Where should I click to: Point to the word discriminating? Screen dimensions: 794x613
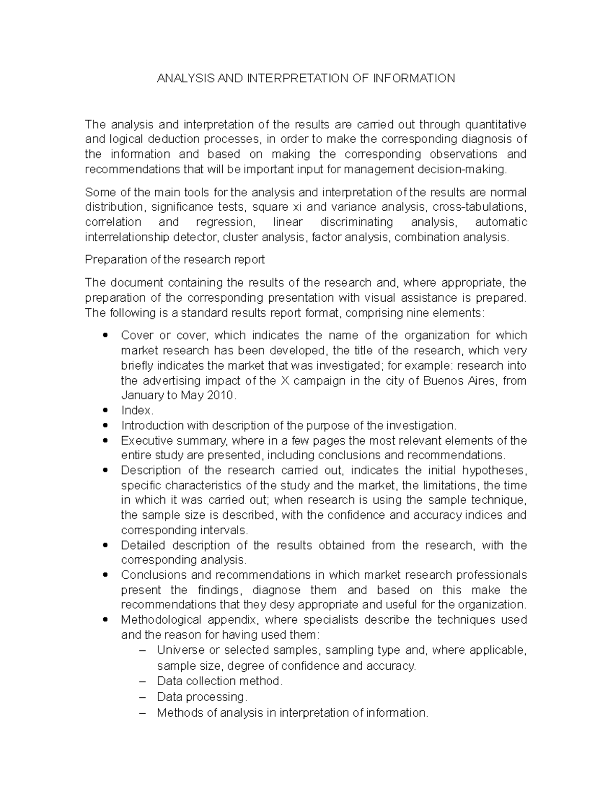[356, 222]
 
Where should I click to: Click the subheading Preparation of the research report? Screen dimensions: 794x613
[175, 260]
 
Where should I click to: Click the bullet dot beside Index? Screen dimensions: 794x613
[105, 411]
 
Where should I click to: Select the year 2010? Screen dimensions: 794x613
[221, 396]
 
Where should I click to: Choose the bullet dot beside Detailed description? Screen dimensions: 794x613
[105, 546]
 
